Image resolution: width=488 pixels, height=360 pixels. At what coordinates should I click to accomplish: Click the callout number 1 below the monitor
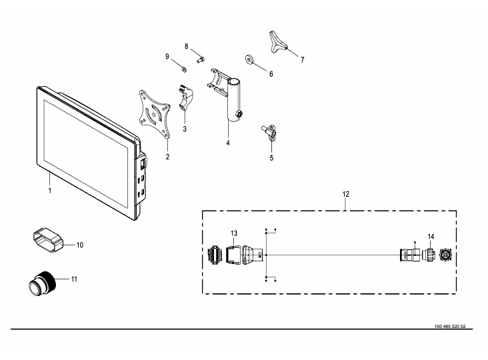(x=49, y=191)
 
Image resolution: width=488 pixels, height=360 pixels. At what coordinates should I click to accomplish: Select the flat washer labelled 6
(x=251, y=59)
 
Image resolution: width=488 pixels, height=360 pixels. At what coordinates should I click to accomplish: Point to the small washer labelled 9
(x=181, y=67)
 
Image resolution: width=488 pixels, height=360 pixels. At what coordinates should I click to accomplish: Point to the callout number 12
(x=346, y=194)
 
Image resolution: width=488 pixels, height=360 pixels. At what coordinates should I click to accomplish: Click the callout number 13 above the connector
(x=234, y=233)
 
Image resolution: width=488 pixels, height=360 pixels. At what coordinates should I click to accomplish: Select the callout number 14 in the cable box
(x=431, y=237)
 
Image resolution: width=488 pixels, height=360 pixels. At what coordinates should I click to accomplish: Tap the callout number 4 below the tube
(x=227, y=143)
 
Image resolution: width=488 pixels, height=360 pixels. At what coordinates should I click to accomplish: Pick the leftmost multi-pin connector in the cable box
(x=215, y=255)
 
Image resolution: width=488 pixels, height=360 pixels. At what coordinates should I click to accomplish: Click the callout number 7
(x=302, y=59)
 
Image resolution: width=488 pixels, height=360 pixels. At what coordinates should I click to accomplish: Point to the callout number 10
(x=79, y=245)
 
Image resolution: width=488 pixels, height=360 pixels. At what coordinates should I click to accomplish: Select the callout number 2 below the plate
(x=167, y=157)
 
